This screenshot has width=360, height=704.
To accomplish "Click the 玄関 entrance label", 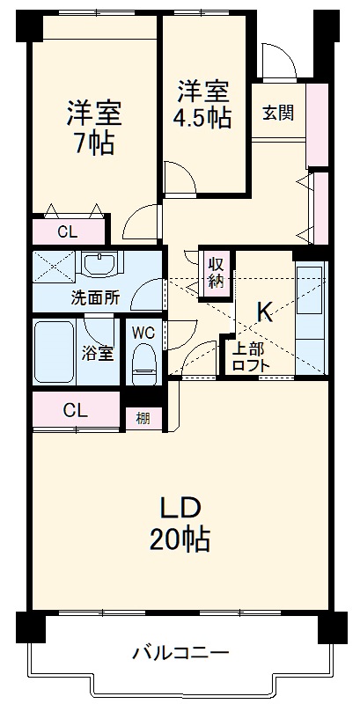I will pyautogui.click(x=277, y=113).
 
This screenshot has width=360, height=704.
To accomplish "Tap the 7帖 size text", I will pyautogui.click(x=93, y=143).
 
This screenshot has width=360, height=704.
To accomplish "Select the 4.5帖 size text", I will pyautogui.click(x=204, y=117).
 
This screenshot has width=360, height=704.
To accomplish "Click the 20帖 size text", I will pyautogui.click(x=180, y=539).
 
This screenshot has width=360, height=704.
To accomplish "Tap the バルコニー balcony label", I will pyautogui.click(x=180, y=653).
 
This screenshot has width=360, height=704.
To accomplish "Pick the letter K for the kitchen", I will pyautogui.click(x=263, y=311).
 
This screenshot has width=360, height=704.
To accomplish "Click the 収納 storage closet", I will pyautogui.click(x=217, y=273).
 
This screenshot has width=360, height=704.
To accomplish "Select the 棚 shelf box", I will pyautogui.click(x=143, y=418).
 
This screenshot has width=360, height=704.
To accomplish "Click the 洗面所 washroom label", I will pyautogui.click(x=95, y=297).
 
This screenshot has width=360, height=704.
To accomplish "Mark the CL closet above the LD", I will pyautogui.click(x=75, y=409).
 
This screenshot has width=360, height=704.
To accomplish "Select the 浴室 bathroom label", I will pyautogui.click(x=98, y=354).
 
